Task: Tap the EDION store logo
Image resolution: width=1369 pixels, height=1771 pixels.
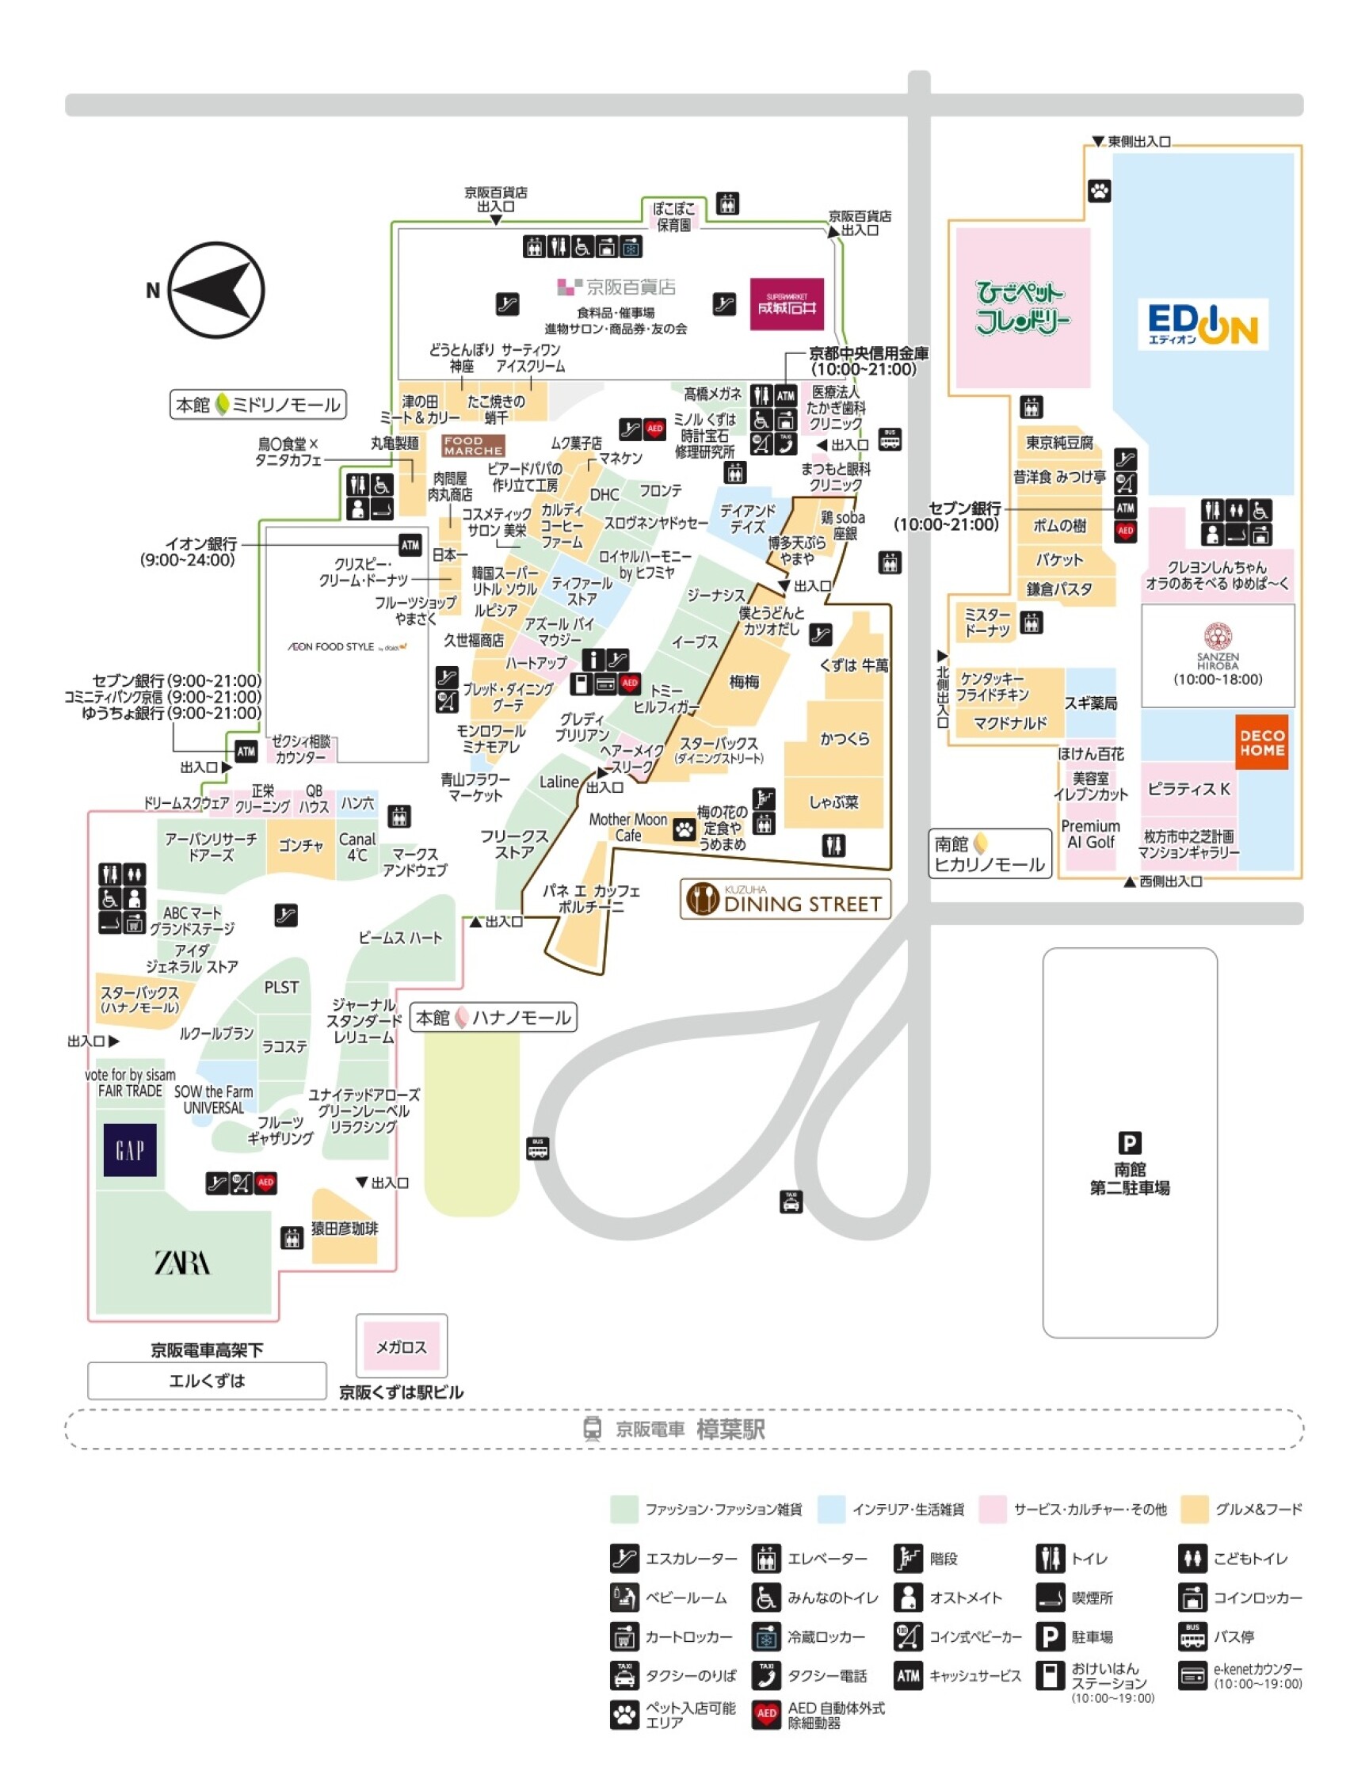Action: (x=1203, y=325)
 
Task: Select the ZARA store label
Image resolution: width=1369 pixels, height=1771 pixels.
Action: (x=182, y=1263)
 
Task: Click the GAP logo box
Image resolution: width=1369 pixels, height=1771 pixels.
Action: (x=130, y=1149)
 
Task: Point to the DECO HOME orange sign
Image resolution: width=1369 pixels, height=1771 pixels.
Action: (x=1262, y=742)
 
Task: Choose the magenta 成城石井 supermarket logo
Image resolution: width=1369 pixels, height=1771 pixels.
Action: (x=787, y=304)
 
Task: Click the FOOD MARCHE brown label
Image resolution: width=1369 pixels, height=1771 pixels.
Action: (x=474, y=445)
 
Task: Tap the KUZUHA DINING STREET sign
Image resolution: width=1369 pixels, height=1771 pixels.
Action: (x=785, y=899)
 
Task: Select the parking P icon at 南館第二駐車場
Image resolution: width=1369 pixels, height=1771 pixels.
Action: (x=1130, y=1143)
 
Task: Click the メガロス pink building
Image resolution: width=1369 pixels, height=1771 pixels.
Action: (x=402, y=1346)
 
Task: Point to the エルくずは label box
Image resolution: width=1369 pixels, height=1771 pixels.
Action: (x=207, y=1381)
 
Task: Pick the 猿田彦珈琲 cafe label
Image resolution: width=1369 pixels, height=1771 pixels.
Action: (x=345, y=1228)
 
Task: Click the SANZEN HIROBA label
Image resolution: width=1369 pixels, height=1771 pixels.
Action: (x=1218, y=655)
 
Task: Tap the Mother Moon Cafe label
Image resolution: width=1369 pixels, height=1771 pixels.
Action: (x=627, y=827)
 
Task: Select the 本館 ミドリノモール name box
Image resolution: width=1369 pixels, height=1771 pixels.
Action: (x=258, y=405)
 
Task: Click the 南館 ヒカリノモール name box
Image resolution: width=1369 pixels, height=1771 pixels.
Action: (x=990, y=853)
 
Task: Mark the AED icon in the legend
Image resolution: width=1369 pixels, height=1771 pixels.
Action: (x=765, y=1714)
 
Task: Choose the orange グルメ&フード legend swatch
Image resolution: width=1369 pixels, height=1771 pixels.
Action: (x=1195, y=1509)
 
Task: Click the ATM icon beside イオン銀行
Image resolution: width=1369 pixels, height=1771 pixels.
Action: (x=410, y=545)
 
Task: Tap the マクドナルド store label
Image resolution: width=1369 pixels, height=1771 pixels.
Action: (x=1011, y=722)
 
